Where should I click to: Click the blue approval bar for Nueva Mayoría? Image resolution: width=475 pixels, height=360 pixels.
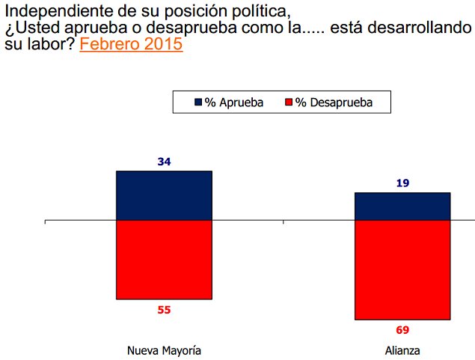(164, 196)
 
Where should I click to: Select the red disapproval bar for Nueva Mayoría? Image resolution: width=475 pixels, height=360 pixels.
(164, 260)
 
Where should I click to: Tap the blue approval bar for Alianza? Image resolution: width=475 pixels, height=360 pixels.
(402, 207)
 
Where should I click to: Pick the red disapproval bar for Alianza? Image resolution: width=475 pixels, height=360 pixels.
(402, 270)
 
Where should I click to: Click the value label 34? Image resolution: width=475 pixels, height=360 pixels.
(165, 162)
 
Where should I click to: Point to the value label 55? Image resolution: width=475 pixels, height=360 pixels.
(165, 309)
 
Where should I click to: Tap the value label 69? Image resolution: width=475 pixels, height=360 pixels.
(402, 329)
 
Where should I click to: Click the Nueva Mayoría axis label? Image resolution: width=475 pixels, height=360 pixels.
(165, 350)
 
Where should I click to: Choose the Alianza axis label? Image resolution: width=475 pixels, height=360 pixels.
(402, 350)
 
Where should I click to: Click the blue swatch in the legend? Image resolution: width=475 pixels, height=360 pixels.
(198, 102)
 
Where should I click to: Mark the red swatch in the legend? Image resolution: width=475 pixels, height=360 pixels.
(289, 102)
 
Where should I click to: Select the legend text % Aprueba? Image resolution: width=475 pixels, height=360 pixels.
(234, 102)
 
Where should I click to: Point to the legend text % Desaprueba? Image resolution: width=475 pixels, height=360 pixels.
(334, 102)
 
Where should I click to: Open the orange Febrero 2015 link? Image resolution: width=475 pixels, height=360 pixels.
(131, 44)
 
